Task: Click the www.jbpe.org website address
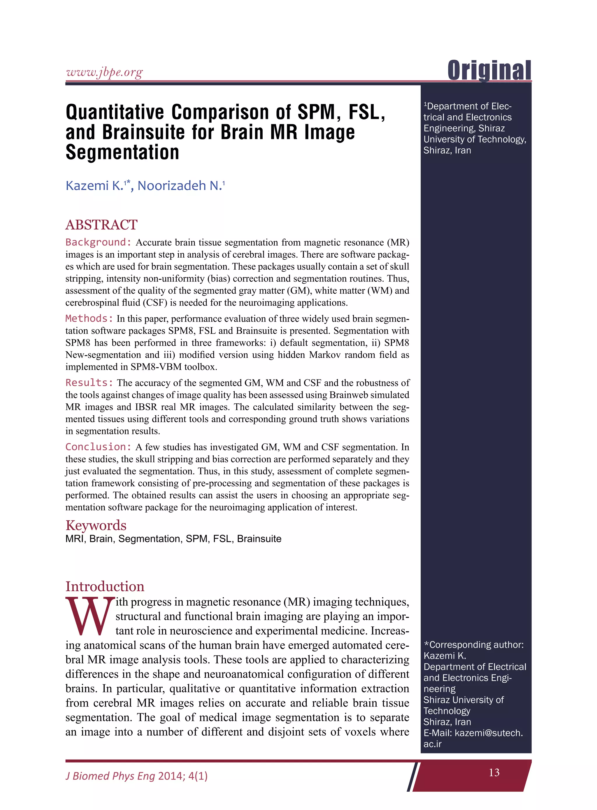point(104,73)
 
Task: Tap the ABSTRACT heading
point(101,225)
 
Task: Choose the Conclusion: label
point(98,447)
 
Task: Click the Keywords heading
point(96,525)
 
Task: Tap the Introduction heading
point(105,586)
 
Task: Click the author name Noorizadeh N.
point(180,185)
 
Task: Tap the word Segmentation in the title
point(122,152)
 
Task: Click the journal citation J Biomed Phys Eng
point(110,776)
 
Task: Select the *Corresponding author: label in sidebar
point(474,644)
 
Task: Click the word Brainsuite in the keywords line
point(259,539)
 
